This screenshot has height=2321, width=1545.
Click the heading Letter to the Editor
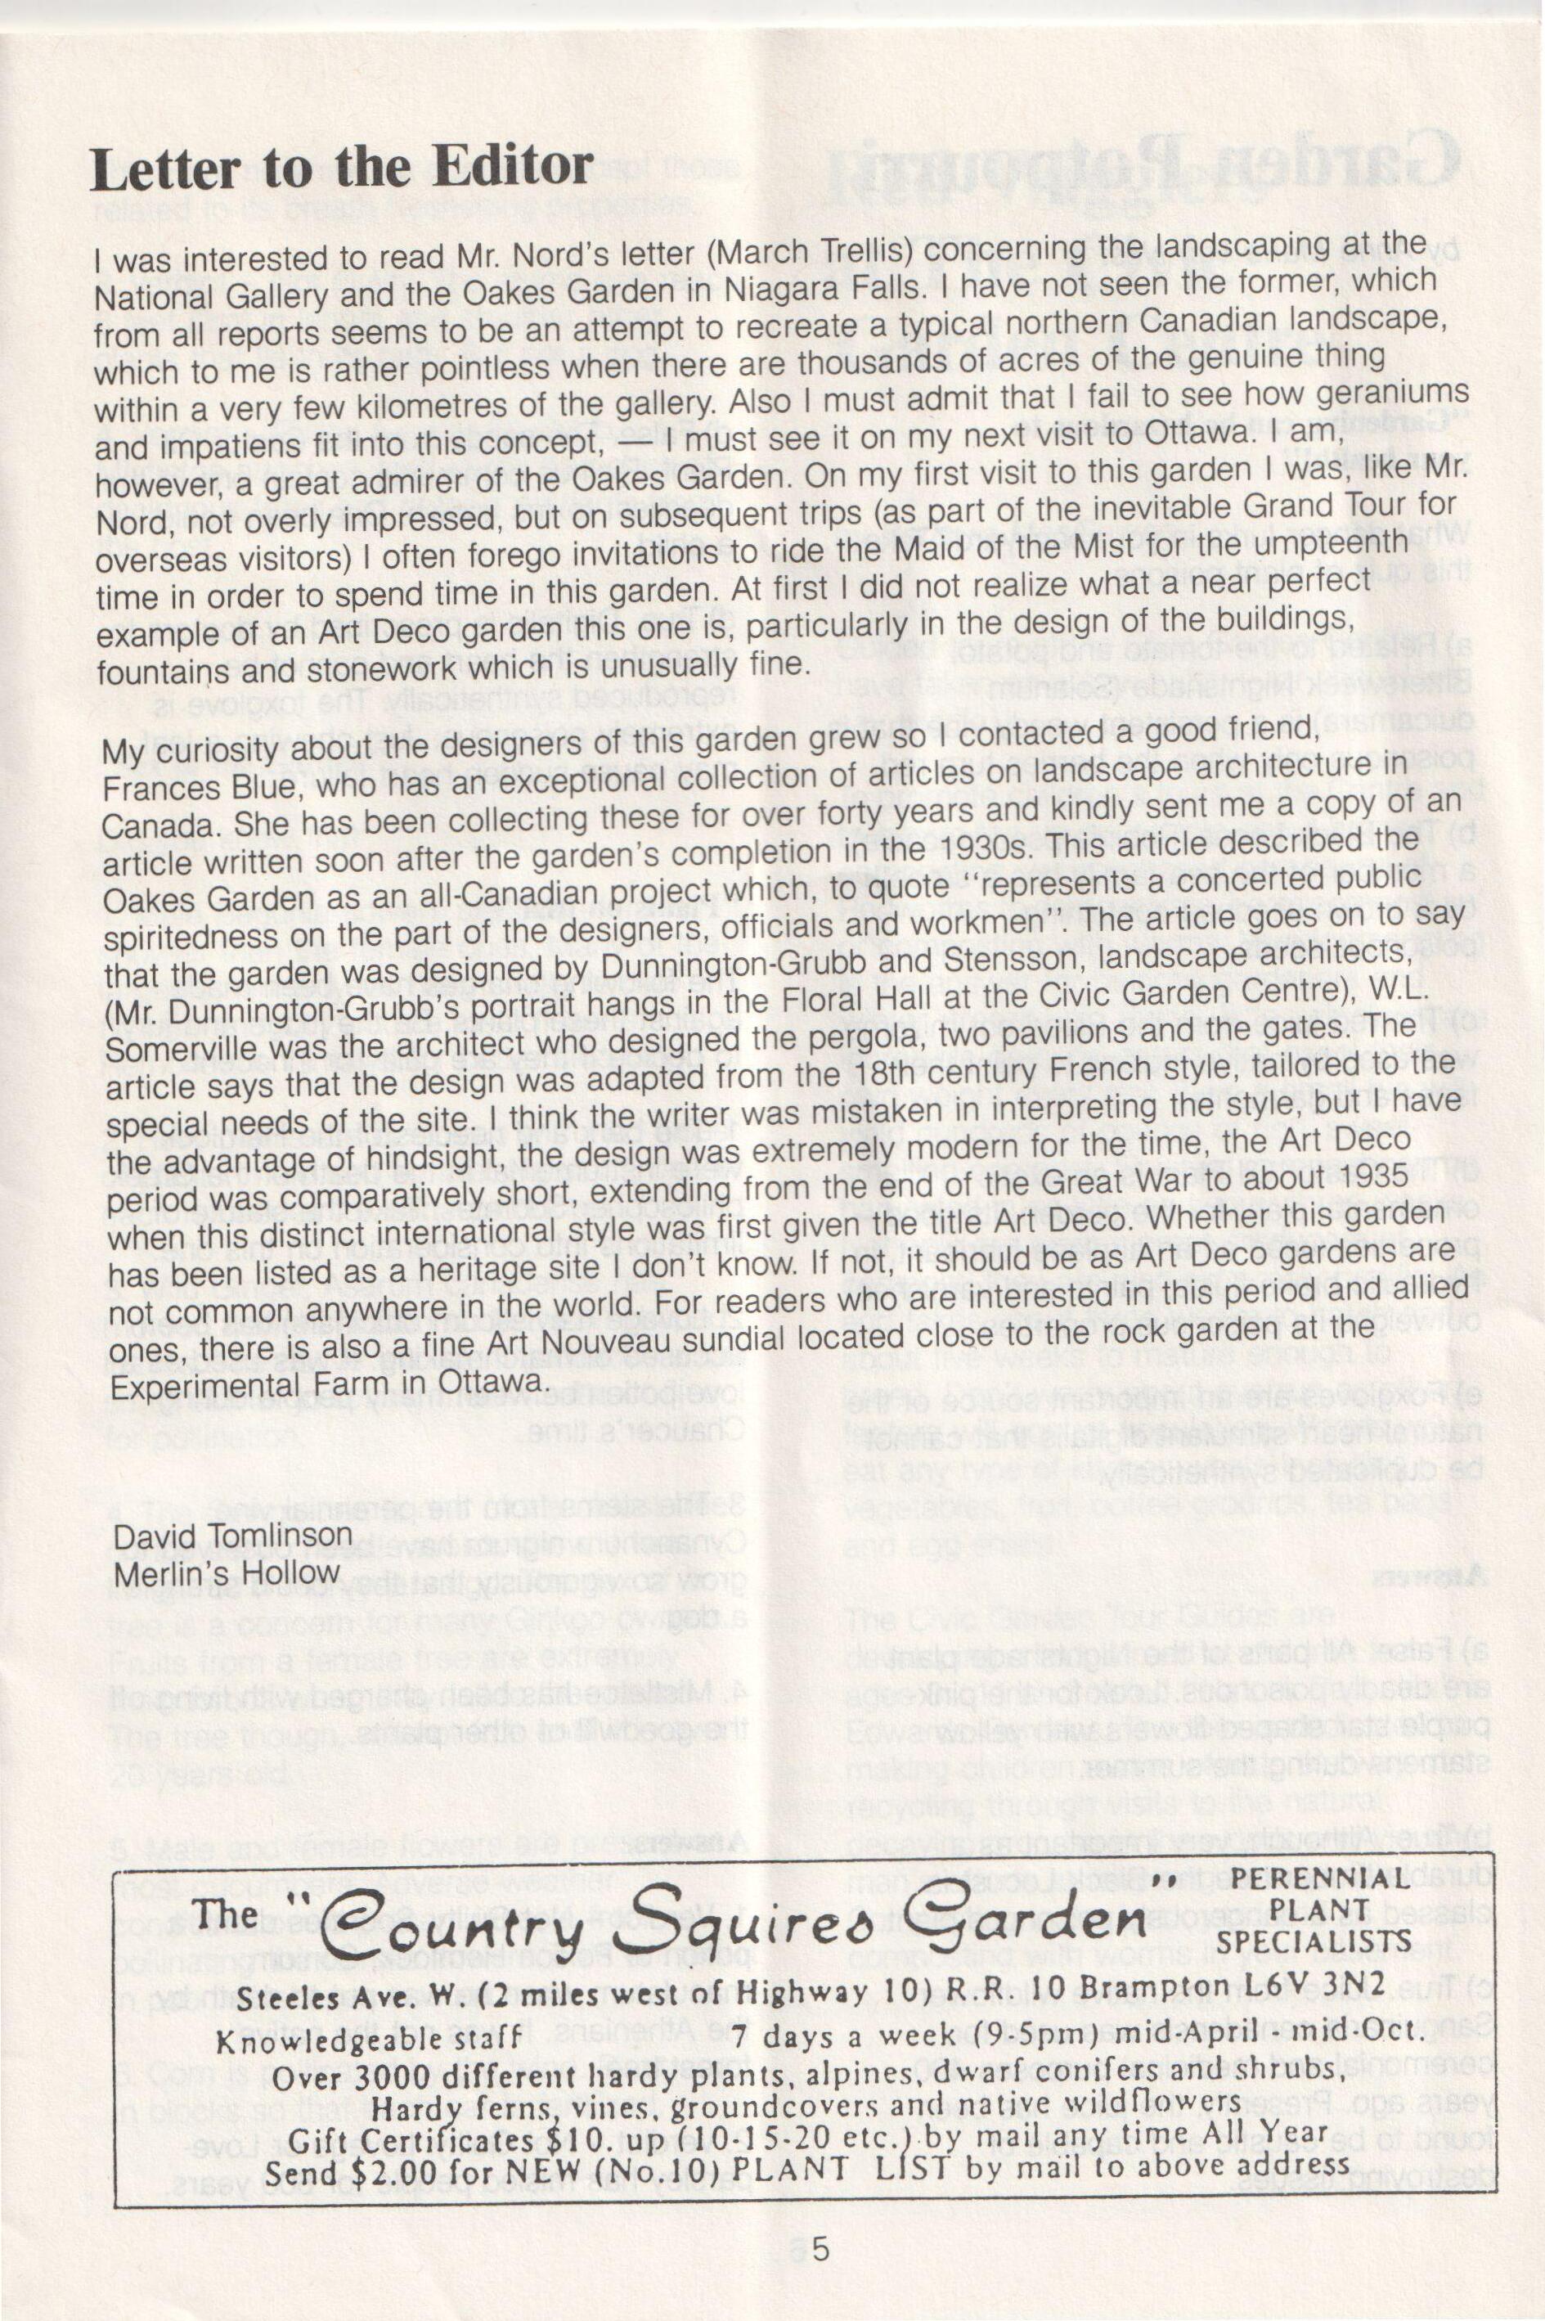click(341, 169)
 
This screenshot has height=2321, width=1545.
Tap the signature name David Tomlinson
click(232, 1536)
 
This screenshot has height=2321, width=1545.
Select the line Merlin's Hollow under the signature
click(226, 1574)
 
